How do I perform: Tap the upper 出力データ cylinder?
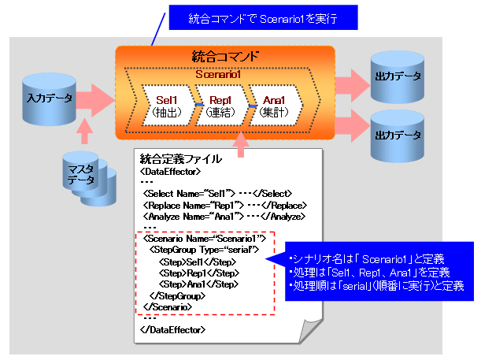(398, 76)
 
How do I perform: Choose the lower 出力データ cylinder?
(398, 135)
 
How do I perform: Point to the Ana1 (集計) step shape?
(274, 106)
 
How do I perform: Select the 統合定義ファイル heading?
(180, 159)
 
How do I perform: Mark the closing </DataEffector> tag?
(172, 329)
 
